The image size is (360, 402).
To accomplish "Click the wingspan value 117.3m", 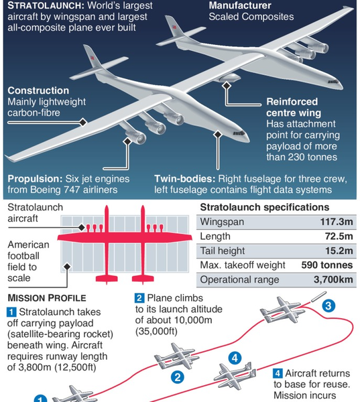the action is coord(337,222).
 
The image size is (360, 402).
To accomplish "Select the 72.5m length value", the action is coord(339,236).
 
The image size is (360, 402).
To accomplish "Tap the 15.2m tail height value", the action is coord(339,251).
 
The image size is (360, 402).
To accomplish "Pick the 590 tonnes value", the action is coord(327,265).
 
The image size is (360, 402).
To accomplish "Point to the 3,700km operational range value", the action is coord(333,279).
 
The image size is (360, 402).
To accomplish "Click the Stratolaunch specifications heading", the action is coord(265,207).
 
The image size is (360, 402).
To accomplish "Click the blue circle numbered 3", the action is coord(328,306).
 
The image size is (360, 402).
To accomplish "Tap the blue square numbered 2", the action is coord(139,298).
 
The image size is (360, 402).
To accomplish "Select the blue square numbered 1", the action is coord(11,312).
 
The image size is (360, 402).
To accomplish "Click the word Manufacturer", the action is coord(240,5).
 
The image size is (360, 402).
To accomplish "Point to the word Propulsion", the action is coord(35,179).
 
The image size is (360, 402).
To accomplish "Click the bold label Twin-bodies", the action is coord(185,179).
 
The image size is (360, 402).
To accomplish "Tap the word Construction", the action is coord(38,90).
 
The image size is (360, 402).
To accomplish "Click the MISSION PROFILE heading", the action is coord(47,298).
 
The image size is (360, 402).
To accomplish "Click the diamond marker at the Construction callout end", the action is coord(82,123).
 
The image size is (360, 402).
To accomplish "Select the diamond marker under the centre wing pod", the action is coord(227,86).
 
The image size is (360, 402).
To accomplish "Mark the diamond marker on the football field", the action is coord(67,267).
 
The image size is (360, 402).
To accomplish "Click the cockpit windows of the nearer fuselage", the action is coord(239,133).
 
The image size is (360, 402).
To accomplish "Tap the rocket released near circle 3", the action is coord(318,296).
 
